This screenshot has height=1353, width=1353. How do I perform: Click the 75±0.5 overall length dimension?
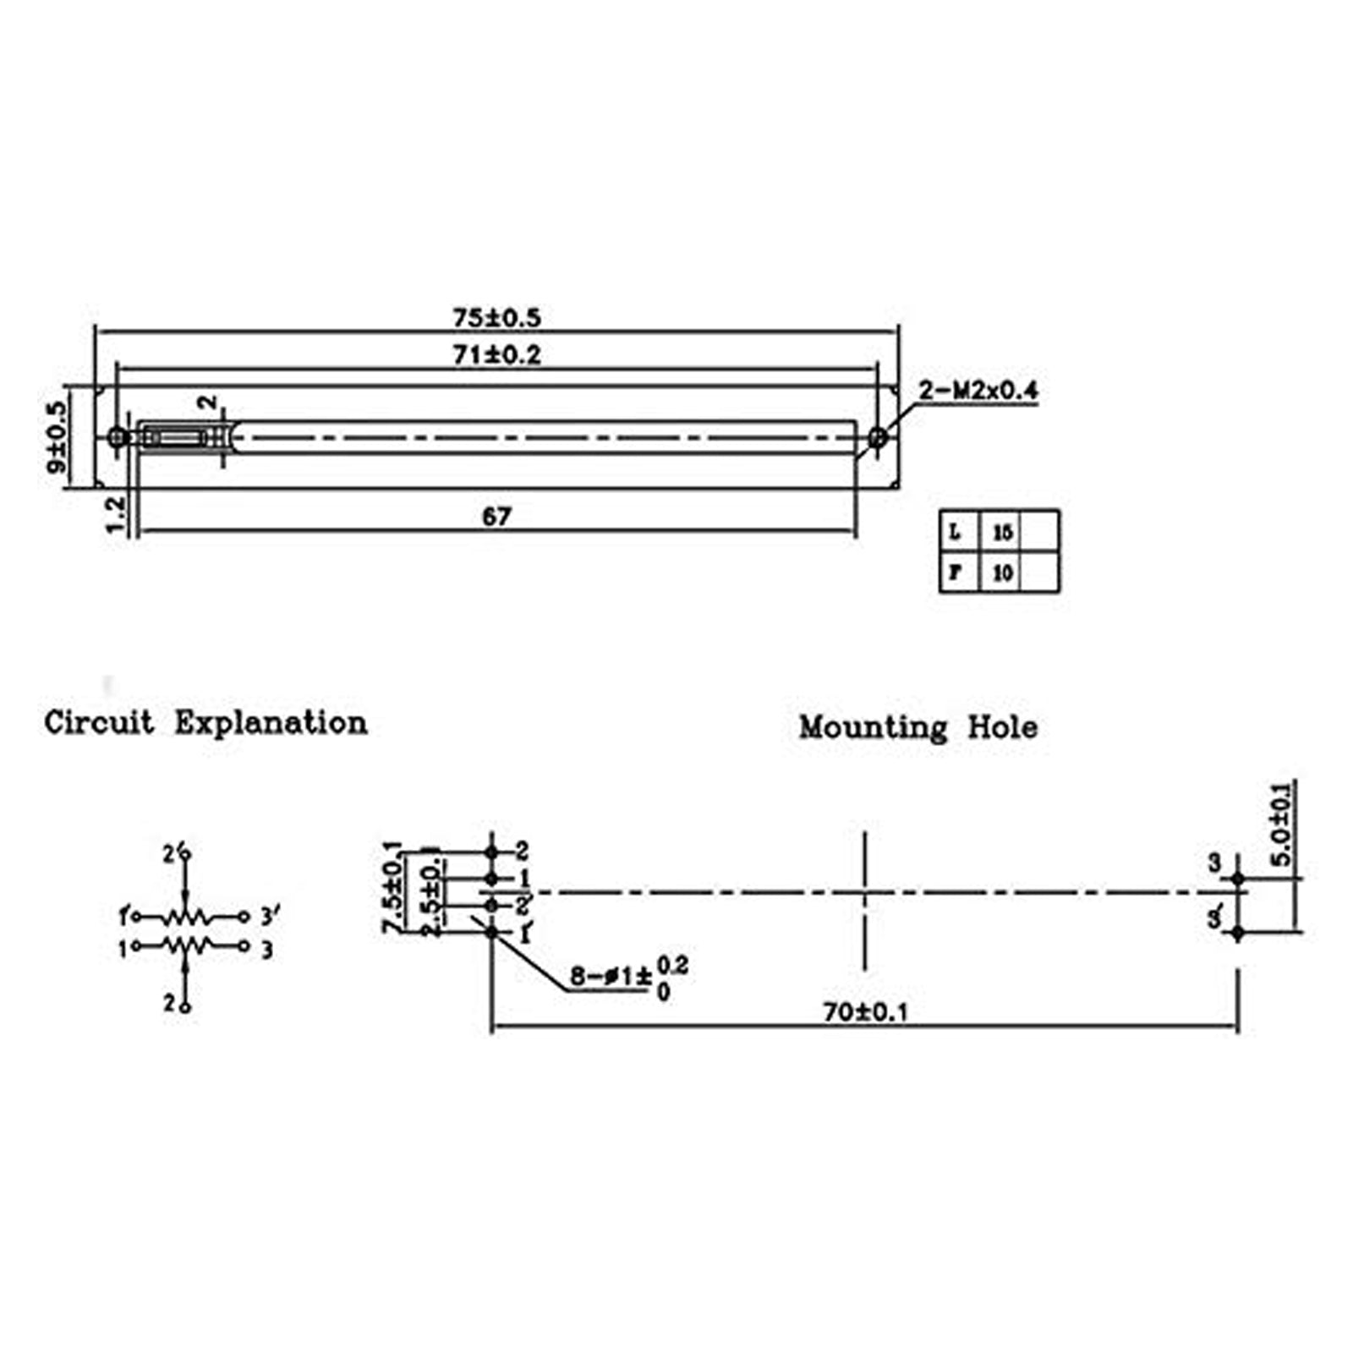(496, 318)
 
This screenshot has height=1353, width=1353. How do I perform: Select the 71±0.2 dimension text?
(496, 355)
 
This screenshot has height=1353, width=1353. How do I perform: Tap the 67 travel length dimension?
(496, 516)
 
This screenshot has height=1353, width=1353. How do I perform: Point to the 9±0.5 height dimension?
(58, 437)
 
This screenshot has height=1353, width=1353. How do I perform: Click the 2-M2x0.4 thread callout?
(978, 391)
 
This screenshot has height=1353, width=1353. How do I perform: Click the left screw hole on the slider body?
(118, 437)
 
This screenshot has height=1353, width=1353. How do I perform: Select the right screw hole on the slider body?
(879, 437)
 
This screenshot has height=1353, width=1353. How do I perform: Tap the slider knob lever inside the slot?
(173, 437)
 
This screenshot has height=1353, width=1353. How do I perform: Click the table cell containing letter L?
(958, 532)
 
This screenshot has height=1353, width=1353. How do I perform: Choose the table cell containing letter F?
(958, 572)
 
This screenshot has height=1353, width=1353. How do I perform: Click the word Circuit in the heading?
(100, 723)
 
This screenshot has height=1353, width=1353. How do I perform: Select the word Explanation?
(271, 724)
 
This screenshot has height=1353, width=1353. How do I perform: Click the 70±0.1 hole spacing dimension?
(864, 1011)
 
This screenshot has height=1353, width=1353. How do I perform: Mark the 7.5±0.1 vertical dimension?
(392, 888)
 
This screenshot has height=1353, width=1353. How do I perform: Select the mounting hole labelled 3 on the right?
(1238, 879)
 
